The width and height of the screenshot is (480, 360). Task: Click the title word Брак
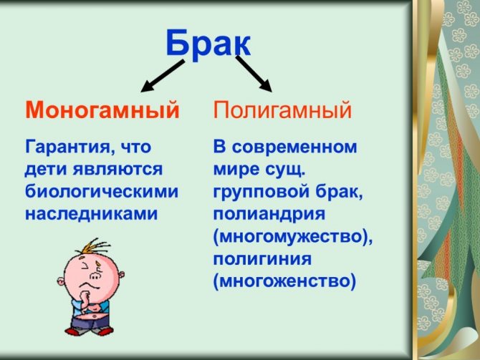(208, 43)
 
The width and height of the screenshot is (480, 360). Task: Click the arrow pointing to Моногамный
(163, 76)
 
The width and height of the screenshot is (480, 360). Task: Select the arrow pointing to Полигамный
(254, 74)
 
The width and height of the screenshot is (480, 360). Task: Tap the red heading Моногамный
(102, 110)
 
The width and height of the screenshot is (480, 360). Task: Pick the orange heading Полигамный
(282, 110)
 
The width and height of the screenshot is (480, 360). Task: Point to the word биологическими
(102, 192)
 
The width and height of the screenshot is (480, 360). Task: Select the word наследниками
(91, 213)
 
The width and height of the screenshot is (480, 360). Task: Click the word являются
(117, 170)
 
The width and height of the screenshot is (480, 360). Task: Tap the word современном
(294, 147)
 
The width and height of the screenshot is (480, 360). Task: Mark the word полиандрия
(269, 214)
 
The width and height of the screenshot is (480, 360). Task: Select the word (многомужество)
(293, 237)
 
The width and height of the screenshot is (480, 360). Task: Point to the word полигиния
(262, 259)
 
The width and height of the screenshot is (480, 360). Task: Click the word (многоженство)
(284, 281)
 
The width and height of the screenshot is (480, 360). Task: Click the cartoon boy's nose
(96, 276)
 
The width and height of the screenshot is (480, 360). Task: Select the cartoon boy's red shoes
(89, 331)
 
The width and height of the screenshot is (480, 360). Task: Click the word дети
(46, 170)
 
